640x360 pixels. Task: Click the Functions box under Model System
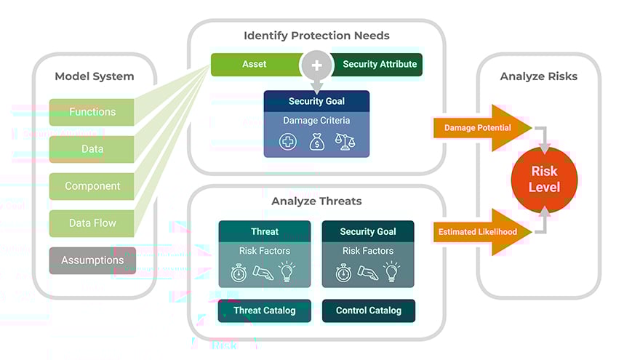click(92, 112)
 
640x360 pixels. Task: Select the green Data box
click(92, 149)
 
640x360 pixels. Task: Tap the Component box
click(92, 186)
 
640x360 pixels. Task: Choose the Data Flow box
click(92, 223)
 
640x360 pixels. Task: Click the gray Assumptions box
click(92, 260)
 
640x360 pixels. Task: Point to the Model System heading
click(95, 76)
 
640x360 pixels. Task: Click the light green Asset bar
click(255, 64)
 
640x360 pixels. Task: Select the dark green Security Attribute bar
click(379, 64)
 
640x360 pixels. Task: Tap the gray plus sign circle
click(316, 65)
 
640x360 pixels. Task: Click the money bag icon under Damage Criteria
click(316, 142)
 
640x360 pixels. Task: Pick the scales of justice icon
click(343, 142)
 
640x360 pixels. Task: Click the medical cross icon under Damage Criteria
click(289, 142)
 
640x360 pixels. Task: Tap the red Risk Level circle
click(544, 179)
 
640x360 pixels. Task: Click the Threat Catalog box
click(265, 311)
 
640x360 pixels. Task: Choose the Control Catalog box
click(368, 311)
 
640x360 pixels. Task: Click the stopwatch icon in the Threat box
click(239, 273)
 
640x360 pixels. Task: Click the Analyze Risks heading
click(539, 76)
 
